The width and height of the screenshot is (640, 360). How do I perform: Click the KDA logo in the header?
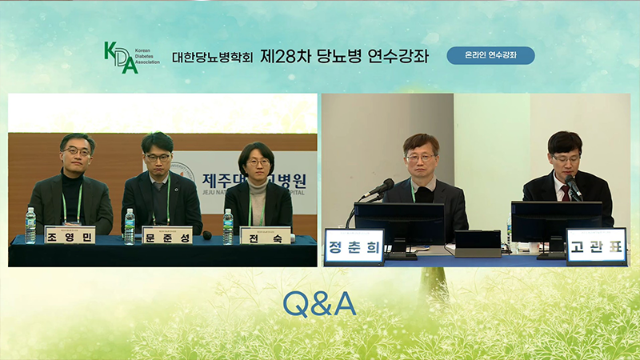pos(121,57)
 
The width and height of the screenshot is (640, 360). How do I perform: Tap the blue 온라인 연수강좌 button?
pos(490,56)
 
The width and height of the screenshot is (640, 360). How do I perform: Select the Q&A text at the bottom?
pos(319,304)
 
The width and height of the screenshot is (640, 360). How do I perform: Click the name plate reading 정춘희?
pos(354,245)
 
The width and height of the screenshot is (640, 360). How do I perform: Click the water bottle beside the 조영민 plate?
pos(30,226)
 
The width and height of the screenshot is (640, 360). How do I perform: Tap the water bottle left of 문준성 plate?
pos(129,226)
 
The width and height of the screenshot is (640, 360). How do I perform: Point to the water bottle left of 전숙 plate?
pos(228,226)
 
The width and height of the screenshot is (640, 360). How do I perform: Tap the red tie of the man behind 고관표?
pos(566,192)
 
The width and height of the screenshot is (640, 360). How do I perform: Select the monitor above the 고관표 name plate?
pos(556,221)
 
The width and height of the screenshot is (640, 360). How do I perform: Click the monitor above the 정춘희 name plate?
pos(398,221)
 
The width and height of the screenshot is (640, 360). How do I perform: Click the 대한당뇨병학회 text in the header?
pos(212,58)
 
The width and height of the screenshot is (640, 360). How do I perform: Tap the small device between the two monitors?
pos(478,242)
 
